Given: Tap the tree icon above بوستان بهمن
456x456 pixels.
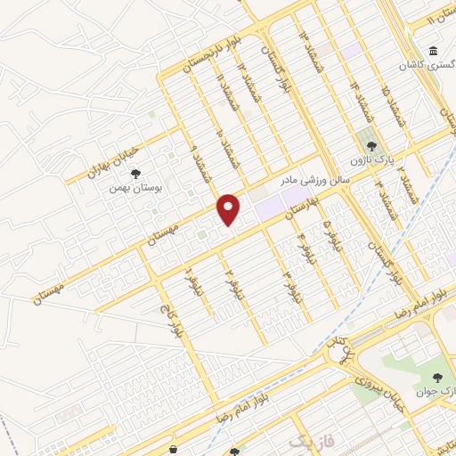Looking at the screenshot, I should [x=135, y=175].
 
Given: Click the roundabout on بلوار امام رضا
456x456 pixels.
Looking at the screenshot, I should [x=340, y=354].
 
